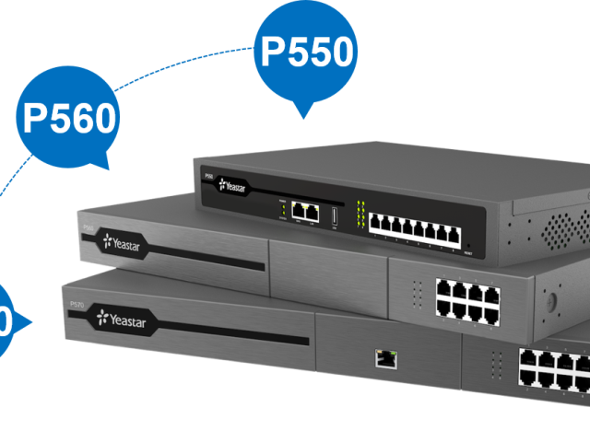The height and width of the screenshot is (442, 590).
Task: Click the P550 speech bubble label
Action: tap(306, 52)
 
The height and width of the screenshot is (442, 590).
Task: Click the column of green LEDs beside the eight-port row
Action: tap(363, 216)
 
